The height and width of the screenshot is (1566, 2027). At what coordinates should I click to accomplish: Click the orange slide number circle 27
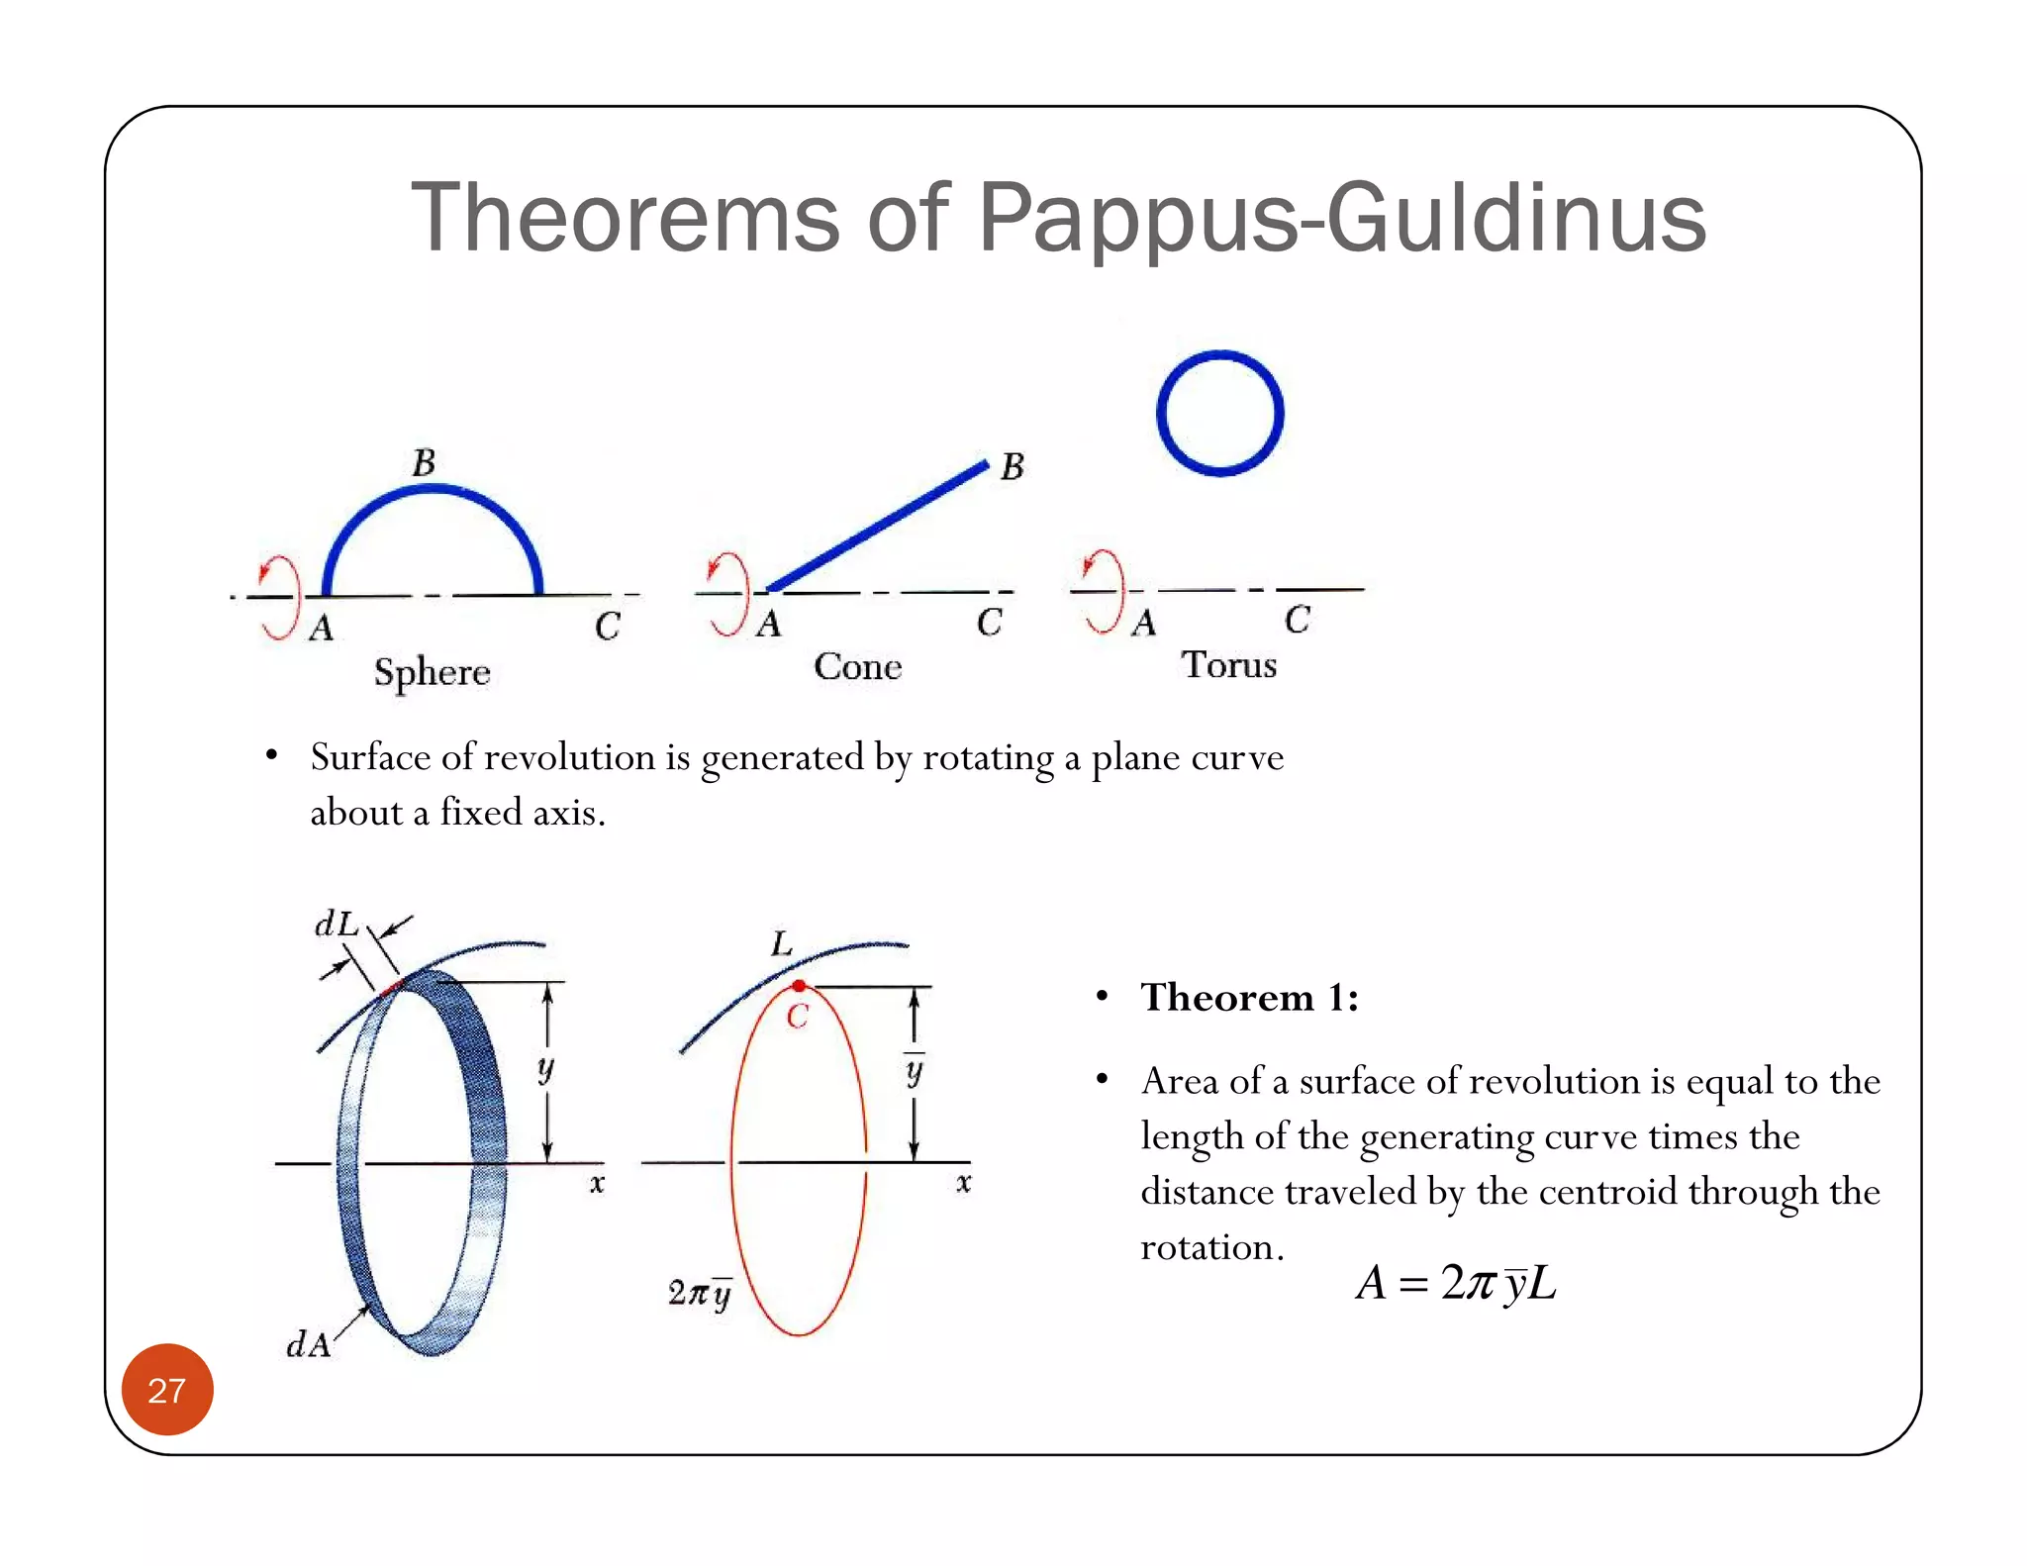[x=167, y=1389]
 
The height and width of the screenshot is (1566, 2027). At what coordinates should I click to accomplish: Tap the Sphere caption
[x=432, y=672]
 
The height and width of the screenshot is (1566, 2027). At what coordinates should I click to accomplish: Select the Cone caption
[x=857, y=666]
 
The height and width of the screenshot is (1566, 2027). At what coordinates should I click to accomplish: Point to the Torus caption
[x=1228, y=664]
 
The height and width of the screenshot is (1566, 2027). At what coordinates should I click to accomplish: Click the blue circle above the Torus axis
[x=1219, y=413]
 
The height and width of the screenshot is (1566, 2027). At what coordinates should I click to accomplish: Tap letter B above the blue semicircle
[x=424, y=462]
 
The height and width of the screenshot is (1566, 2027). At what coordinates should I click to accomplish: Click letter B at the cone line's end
[x=1012, y=466]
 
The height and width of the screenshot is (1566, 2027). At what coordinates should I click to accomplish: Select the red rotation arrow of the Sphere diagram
[x=279, y=597]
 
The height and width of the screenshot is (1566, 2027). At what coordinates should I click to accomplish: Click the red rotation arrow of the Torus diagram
[x=1105, y=590]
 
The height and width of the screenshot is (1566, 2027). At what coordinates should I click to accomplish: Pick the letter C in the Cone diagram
[x=989, y=622]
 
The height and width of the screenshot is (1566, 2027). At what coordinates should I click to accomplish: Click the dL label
[x=336, y=924]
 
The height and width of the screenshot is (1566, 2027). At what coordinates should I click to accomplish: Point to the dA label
[x=308, y=1344]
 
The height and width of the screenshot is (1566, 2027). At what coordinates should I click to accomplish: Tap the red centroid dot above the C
[x=799, y=986]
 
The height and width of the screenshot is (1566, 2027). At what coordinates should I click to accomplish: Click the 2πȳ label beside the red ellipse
[x=700, y=1293]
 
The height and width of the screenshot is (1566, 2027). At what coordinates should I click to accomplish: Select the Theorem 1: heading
[x=1249, y=997]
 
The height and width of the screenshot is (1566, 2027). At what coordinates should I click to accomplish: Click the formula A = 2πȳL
[x=1455, y=1283]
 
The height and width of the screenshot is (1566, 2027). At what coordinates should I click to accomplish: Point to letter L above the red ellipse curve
[x=782, y=943]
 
